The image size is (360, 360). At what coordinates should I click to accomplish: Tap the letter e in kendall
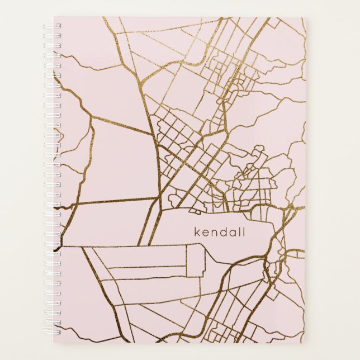205,233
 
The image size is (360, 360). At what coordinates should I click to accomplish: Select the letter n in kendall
214,233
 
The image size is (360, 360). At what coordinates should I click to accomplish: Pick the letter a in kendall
233,233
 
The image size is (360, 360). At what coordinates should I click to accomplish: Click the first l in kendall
240,232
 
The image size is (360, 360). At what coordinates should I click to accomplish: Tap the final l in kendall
244,232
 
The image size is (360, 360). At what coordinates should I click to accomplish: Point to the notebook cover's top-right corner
306,17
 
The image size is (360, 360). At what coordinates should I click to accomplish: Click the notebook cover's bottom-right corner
306,342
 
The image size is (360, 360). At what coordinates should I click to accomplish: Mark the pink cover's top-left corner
54,17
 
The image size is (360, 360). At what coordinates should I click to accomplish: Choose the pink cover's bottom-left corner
54,342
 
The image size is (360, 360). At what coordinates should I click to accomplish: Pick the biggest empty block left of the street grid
120,162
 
